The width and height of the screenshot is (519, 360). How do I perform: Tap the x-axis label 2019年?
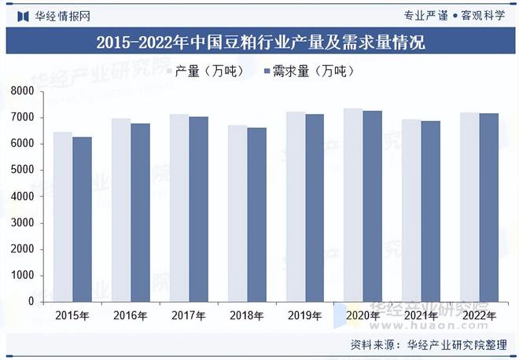point(304,316)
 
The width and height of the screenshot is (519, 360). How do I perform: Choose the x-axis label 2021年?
point(421,316)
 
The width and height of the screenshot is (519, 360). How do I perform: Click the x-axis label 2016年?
point(130,316)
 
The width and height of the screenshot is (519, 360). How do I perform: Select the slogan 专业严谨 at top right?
point(425,15)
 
